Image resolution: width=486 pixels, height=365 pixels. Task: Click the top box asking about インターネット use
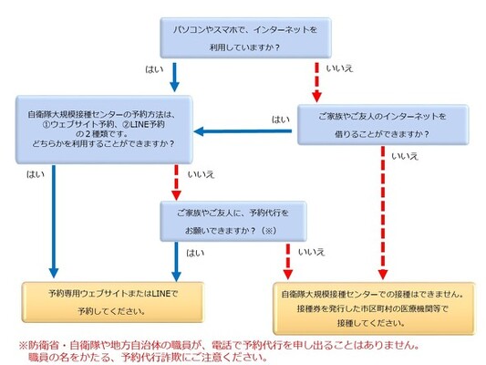coord(245,37)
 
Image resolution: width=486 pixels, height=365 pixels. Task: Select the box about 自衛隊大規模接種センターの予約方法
coord(104,130)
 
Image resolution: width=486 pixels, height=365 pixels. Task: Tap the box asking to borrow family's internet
coord(383,125)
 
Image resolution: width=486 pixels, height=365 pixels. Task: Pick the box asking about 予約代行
coord(233,222)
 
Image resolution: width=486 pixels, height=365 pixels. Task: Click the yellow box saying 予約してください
coord(113,302)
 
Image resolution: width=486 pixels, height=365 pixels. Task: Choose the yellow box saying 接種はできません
coord(374,308)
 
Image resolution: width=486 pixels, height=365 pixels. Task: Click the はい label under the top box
coord(154,68)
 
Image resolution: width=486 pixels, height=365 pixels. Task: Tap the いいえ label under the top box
coord(340,68)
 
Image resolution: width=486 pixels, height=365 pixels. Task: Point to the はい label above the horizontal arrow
coord(281,120)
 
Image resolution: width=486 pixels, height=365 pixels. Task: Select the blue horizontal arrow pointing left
coord(243,131)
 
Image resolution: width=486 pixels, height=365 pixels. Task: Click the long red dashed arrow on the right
coord(383,213)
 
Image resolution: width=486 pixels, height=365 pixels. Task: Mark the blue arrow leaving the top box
coord(174,78)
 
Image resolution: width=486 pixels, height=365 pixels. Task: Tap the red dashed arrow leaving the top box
coord(316,82)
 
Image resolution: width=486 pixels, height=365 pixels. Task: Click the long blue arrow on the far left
coord(54,222)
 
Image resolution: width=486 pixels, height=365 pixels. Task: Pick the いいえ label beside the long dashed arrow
coord(405,156)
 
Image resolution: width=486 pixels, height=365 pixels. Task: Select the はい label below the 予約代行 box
coord(195,254)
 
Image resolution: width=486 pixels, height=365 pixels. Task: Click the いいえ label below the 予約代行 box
coord(312,252)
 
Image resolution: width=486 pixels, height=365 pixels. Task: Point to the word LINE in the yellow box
coord(161,293)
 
